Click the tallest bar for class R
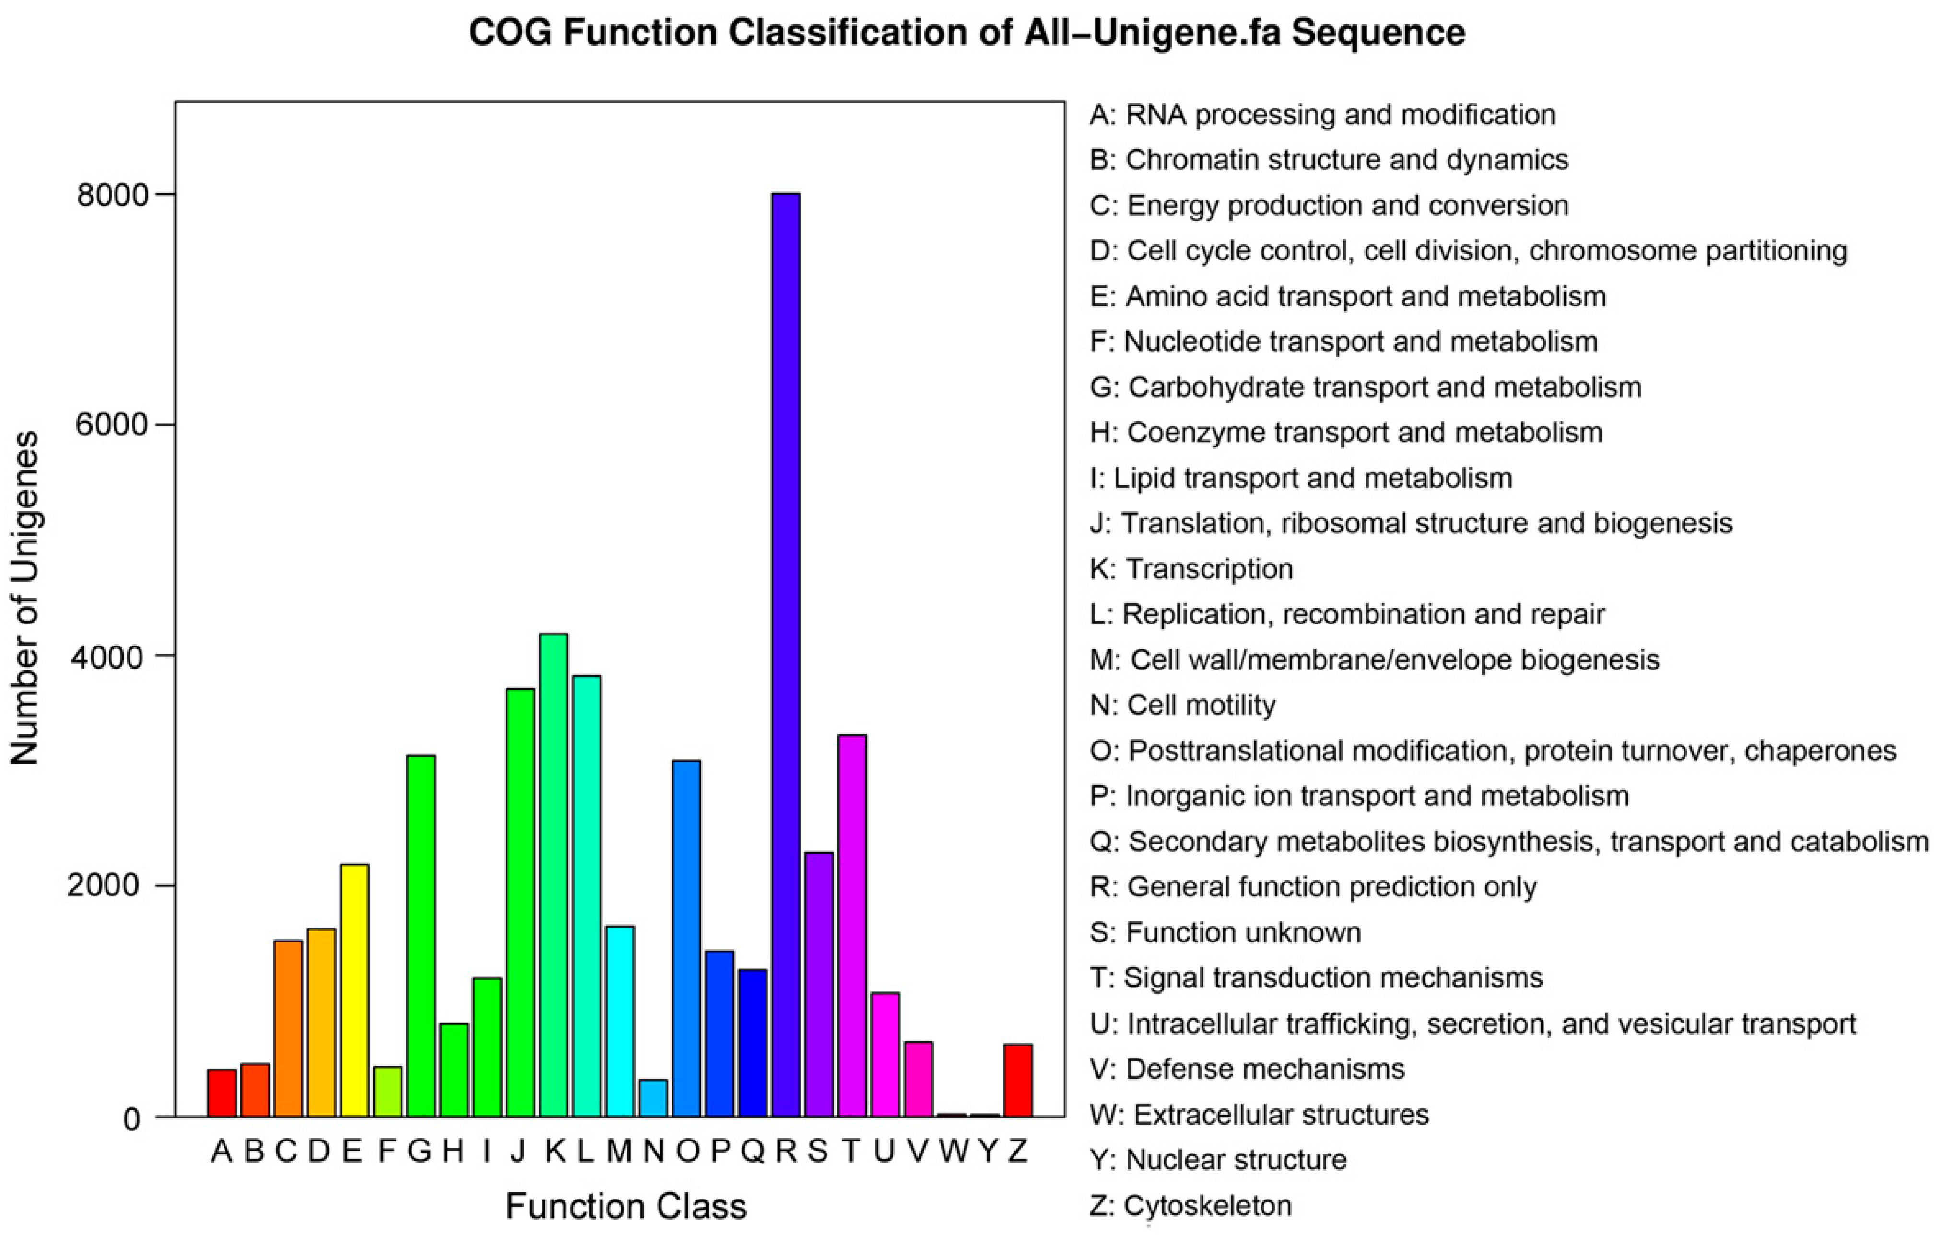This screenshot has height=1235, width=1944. click(x=786, y=654)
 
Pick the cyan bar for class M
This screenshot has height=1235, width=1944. click(x=620, y=1021)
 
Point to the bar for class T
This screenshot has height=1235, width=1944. click(x=852, y=926)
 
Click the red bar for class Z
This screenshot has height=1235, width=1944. click(x=1018, y=1080)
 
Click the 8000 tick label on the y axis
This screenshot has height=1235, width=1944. click(x=113, y=195)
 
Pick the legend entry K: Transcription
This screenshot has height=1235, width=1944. click(x=1191, y=569)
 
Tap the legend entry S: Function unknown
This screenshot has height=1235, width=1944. click(x=1225, y=932)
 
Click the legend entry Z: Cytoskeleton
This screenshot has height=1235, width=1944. click(x=1190, y=1205)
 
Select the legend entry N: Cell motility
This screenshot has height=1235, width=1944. click(x=1183, y=706)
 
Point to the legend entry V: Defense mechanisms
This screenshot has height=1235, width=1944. click(x=1247, y=1069)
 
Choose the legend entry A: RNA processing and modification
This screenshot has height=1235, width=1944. click(x=1321, y=115)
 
